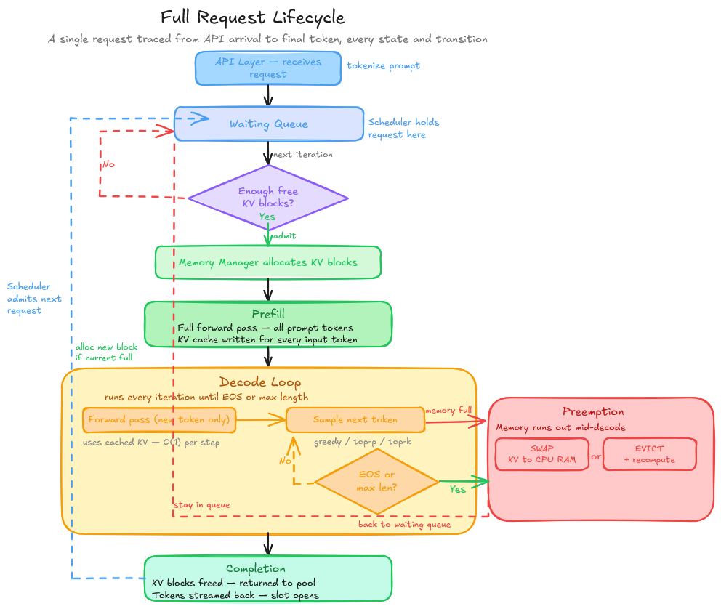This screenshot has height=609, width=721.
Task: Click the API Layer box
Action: pyautogui.click(x=268, y=68)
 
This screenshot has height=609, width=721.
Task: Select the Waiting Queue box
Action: pyautogui.click(x=268, y=124)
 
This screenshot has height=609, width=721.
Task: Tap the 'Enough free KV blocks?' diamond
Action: pyautogui.click(x=268, y=198)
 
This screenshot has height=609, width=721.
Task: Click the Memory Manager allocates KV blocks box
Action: pyautogui.click(x=268, y=262)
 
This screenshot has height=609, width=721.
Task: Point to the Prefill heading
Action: pyautogui.click(x=268, y=314)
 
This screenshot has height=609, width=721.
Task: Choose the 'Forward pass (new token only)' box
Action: pyautogui.click(x=160, y=419)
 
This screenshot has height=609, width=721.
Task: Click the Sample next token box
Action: pyautogui.click(x=355, y=419)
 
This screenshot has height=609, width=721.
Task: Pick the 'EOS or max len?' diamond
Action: pyautogui.click(x=376, y=481)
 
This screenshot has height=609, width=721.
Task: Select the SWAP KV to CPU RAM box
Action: pyautogui.click(x=541, y=454)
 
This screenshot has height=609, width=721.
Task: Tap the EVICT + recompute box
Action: pyautogui.click(x=649, y=454)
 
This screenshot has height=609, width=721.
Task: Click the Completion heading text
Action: pyautogui.click(x=255, y=568)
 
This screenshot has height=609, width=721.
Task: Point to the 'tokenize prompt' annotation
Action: pyautogui.click(x=383, y=65)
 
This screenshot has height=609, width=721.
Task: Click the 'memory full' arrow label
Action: pyautogui.click(x=448, y=411)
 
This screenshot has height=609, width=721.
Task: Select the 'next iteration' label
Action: pyautogui.click(x=303, y=155)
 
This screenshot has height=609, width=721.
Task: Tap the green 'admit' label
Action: pyautogui.click(x=284, y=236)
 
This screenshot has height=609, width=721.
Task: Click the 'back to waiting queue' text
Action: pyautogui.click(x=404, y=524)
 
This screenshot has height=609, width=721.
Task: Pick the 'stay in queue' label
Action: pyautogui.click(x=202, y=504)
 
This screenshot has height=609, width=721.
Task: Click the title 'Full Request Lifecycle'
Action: pyautogui.click(x=252, y=17)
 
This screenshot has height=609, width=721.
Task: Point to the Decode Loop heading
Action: pyautogui.click(x=260, y=382)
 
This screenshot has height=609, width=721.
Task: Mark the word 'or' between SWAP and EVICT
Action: pyautogui.click(x=596, y=456)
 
